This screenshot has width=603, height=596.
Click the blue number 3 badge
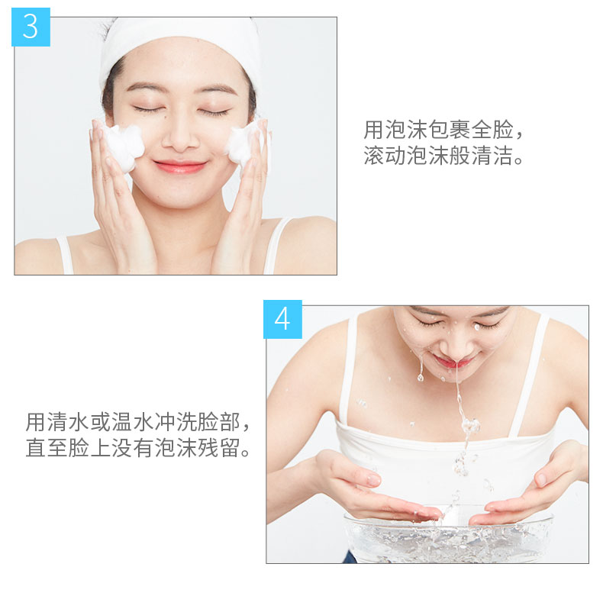[x=31, y=27]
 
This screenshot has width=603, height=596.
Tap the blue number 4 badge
[x=282, y=319]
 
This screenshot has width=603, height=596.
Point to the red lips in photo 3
[x=180, y=167]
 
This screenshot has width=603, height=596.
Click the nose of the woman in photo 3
[x=180, y=137]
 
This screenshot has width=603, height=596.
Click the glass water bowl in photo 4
[x=448, y=536]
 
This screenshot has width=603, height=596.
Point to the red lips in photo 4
[x=456, y=362]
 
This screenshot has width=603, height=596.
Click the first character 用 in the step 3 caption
[x=374, y=130]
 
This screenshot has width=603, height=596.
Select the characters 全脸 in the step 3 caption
[x=492, y=130]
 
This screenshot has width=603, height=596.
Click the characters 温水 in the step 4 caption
[x=133, y=422]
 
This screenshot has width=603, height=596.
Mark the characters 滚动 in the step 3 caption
[x=385, y=156]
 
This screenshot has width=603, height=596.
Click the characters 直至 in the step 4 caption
[x=47, y=448]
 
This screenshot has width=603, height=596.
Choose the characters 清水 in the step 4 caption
[x=68, y=422]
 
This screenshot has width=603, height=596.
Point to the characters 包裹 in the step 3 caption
[x=450, y=130]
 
